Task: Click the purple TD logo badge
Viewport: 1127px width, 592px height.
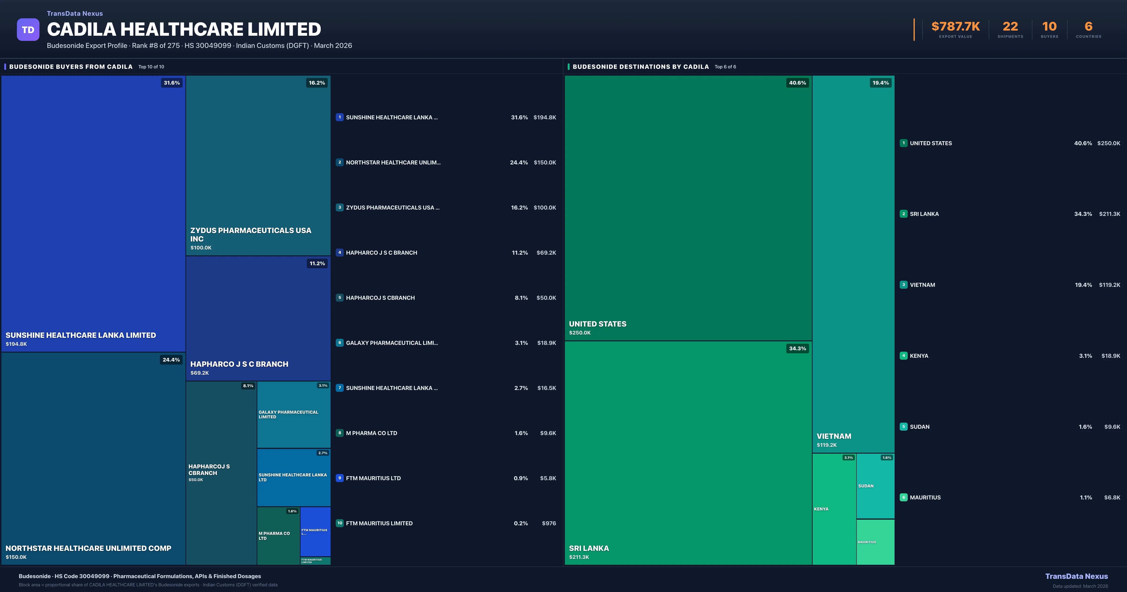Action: (x=28, y=30)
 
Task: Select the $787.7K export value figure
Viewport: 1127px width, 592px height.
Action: (x=956, y=27)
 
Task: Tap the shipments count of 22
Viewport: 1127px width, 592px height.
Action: (x=1010, y=27)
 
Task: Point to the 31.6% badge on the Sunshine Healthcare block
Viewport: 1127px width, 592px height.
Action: (x=171, y=83)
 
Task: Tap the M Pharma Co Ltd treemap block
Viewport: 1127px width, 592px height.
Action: (x=278, y=536)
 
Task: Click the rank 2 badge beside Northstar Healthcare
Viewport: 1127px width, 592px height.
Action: (x=340, y=163)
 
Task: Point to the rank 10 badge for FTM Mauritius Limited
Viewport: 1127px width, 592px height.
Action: (x=340, y=523)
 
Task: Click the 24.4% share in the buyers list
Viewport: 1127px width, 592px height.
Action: (x=519, y=163)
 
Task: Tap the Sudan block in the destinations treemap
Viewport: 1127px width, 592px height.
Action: (x=875, y=486)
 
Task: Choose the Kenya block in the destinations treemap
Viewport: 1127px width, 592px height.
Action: (x=834, y=509)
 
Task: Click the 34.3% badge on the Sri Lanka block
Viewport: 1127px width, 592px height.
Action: (x=797, y=349)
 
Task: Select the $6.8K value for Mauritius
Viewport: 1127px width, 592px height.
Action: (x=1112, y=497)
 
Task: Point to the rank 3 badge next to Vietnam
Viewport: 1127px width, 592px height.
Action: (x=903, y=285)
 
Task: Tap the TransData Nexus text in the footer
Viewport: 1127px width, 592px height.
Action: (x=1076, y=576)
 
